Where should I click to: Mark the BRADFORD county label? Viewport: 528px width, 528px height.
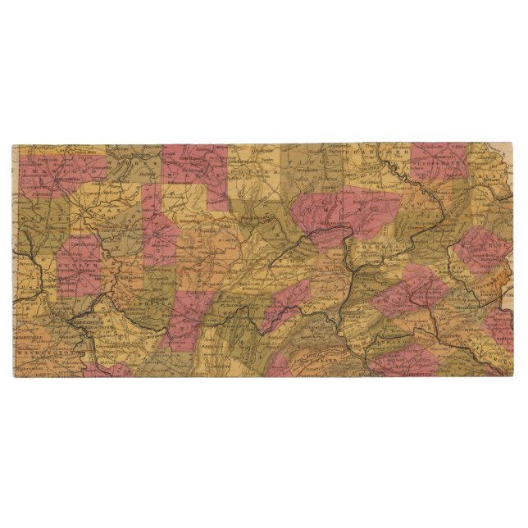tap(377, 152)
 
